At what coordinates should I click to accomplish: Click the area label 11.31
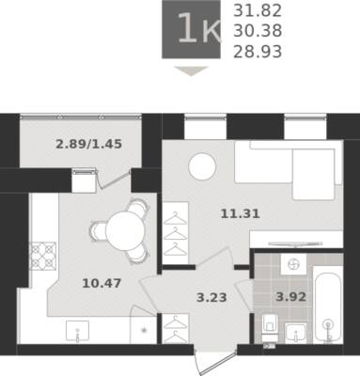pyautogui.click(x=241, y=214)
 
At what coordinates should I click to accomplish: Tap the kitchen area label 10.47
pyautogui.click(x=102, y=284)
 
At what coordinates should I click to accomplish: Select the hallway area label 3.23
pyautogui.click(x=211, y=297)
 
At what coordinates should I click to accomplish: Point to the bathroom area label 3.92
pyautogui.click(x=290, y=296)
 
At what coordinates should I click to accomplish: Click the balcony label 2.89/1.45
pyautogui.click(x=88, y=145)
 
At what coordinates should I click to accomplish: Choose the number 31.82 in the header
pyautogui.click(x=258, y=11)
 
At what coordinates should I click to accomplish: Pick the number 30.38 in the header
pyautogui.click(x=258, y=31)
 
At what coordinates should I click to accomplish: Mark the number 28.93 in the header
pyautogui.click(x=258, y=52)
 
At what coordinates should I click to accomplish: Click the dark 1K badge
pyautogui.click(x=191, y=29)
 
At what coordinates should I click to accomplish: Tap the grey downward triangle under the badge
pyautogui.click(x=191, y=70)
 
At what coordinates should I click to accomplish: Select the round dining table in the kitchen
pyautogui.click(x=125, y=231)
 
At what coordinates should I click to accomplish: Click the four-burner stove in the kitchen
pyautogui.click(x=43, y=256)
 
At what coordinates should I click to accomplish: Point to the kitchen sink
pyautogui.click(x=77, y=331)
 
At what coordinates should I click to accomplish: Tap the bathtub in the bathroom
pyautogui.click(x=328, y=305)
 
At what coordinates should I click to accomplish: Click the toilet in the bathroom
pyautogui.click(x=269, y=328)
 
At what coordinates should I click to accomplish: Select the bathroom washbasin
pyautogui.click(x=295, y=333)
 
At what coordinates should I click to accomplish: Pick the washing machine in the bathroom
pyautogui.click(x=293, y=264)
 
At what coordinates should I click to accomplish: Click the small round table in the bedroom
pyautogui.click(x=202, y=166)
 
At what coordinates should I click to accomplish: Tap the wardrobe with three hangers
pyautogui.click(x=175, y=233)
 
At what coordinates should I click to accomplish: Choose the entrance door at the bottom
pyautogui.click(x=215, y=360)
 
